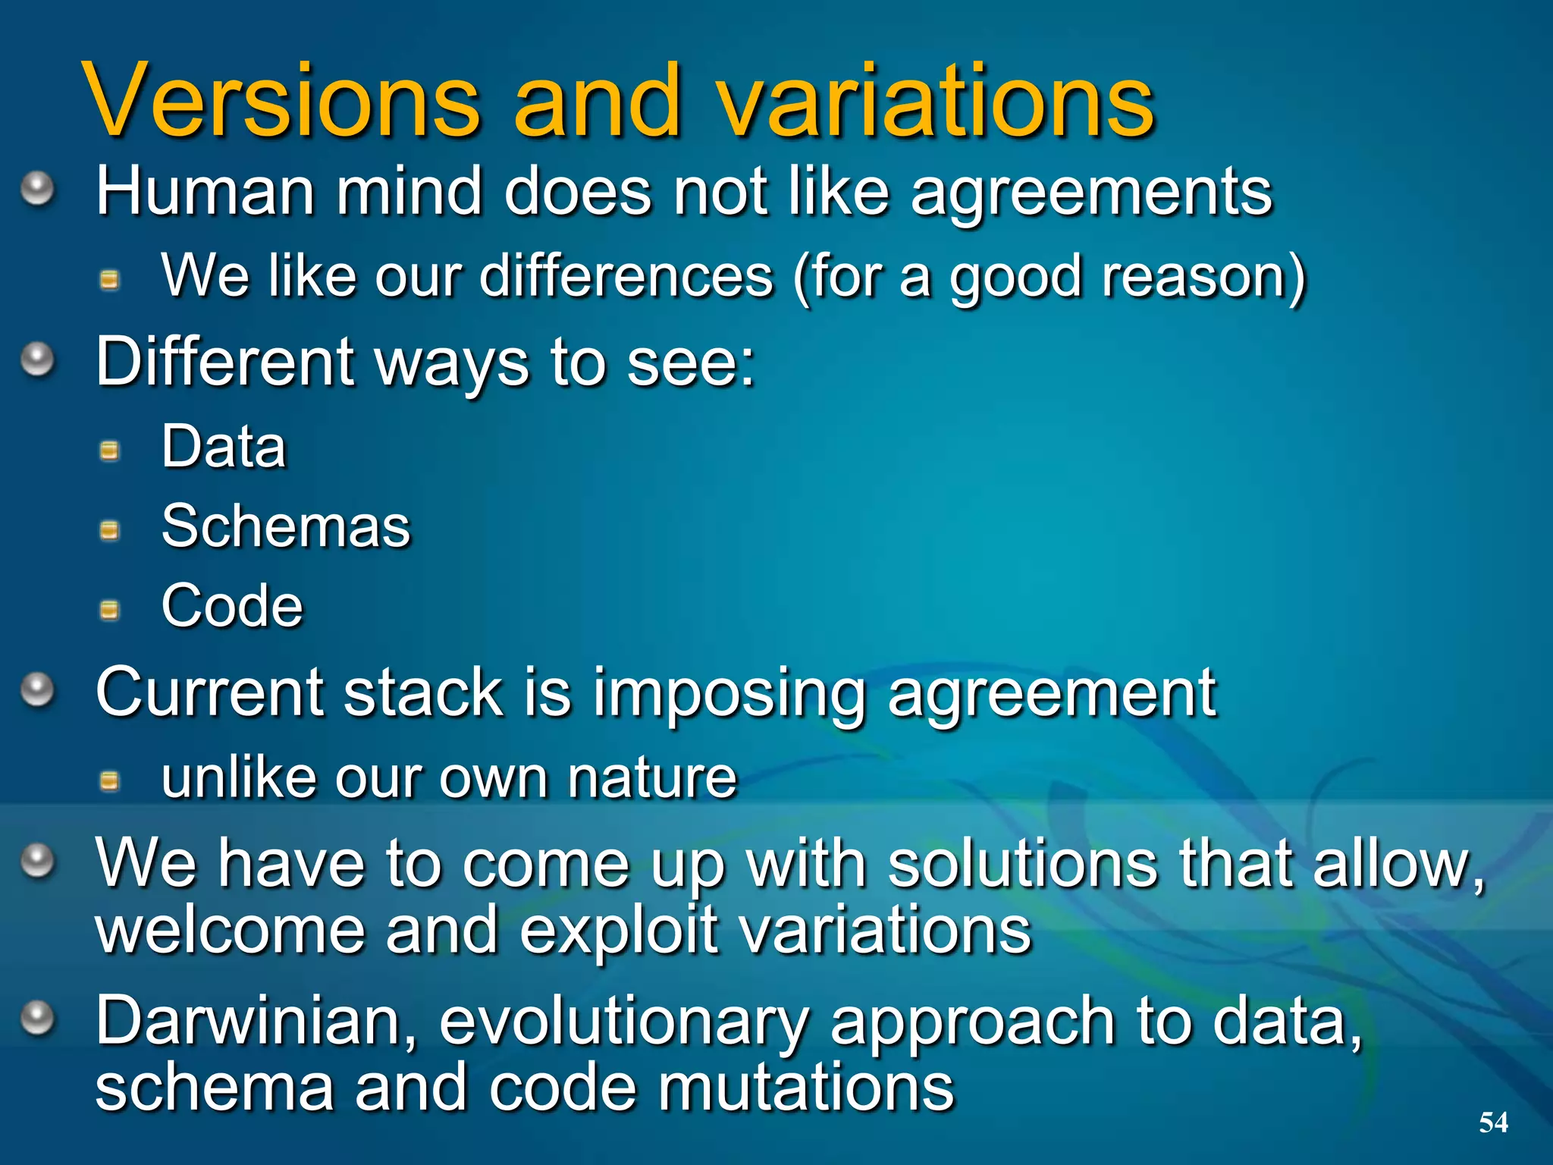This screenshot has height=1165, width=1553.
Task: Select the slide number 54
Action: pyautogui.click(x=1493, y=1122)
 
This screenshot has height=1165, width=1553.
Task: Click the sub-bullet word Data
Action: pyautogui.click(x=224, y=447)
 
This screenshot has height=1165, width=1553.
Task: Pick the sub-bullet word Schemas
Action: pyautogui.click(x=286, y=526)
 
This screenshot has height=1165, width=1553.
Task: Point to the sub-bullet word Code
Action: pyautogui.click(x=232, y=606)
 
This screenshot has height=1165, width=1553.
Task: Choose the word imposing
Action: pyautogui.click(x=729, y=692)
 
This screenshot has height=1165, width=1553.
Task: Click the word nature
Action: pyautogui.click(x=652, y=778)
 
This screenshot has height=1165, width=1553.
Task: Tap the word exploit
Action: pyautogui.click(x=618, y=931)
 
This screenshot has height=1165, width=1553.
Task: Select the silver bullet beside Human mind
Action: pyautogui.click(x=37, y=187)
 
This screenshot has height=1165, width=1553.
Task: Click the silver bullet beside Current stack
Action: pyautogui.click(x=37, y=689)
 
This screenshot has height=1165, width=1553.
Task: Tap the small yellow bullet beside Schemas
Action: pyautogui.click(x=110, y=530)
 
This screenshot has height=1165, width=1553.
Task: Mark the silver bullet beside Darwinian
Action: pyautogui.click(x=37, y=1017)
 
